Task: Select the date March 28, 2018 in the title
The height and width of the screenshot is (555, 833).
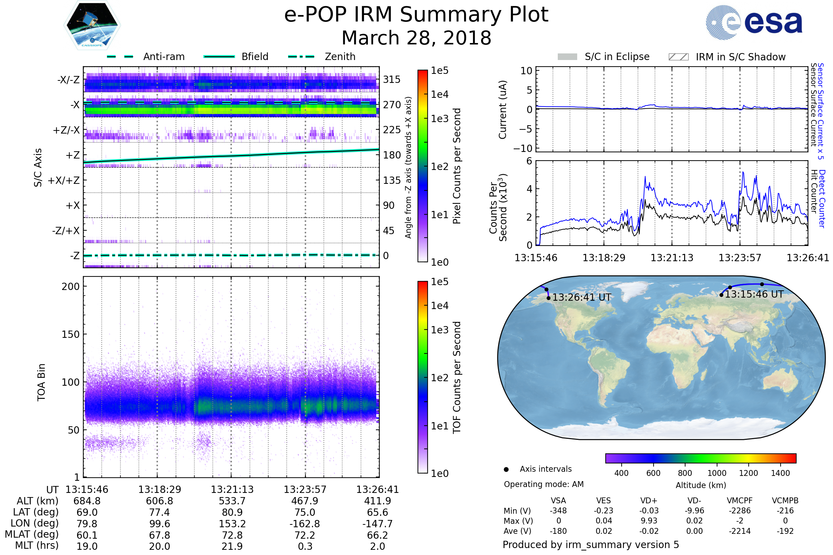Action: (x=416, y=38)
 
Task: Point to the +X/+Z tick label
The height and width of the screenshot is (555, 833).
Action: (x=64, y=180)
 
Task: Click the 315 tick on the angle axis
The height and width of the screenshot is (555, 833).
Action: (x=392, y=79)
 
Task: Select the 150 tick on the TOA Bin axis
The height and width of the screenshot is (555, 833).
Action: (x=70, y=334)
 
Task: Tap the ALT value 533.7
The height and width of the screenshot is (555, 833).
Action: (x=232, y=501)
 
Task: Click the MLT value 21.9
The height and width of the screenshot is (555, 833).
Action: (x=232, y=546)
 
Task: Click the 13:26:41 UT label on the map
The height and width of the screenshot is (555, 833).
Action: (x=582, y=297)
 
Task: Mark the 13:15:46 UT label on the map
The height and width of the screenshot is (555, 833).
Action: (x=754, y=294)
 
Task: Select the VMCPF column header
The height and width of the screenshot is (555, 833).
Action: (x=740, y=501)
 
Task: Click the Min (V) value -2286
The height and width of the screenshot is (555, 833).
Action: (x=740, y=511)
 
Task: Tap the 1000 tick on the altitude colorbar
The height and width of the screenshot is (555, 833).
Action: (x=716, y=473)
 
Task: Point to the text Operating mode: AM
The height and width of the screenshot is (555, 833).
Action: (x=543, y=484)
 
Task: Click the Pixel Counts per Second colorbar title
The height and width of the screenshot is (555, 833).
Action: (x=457, y=166)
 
